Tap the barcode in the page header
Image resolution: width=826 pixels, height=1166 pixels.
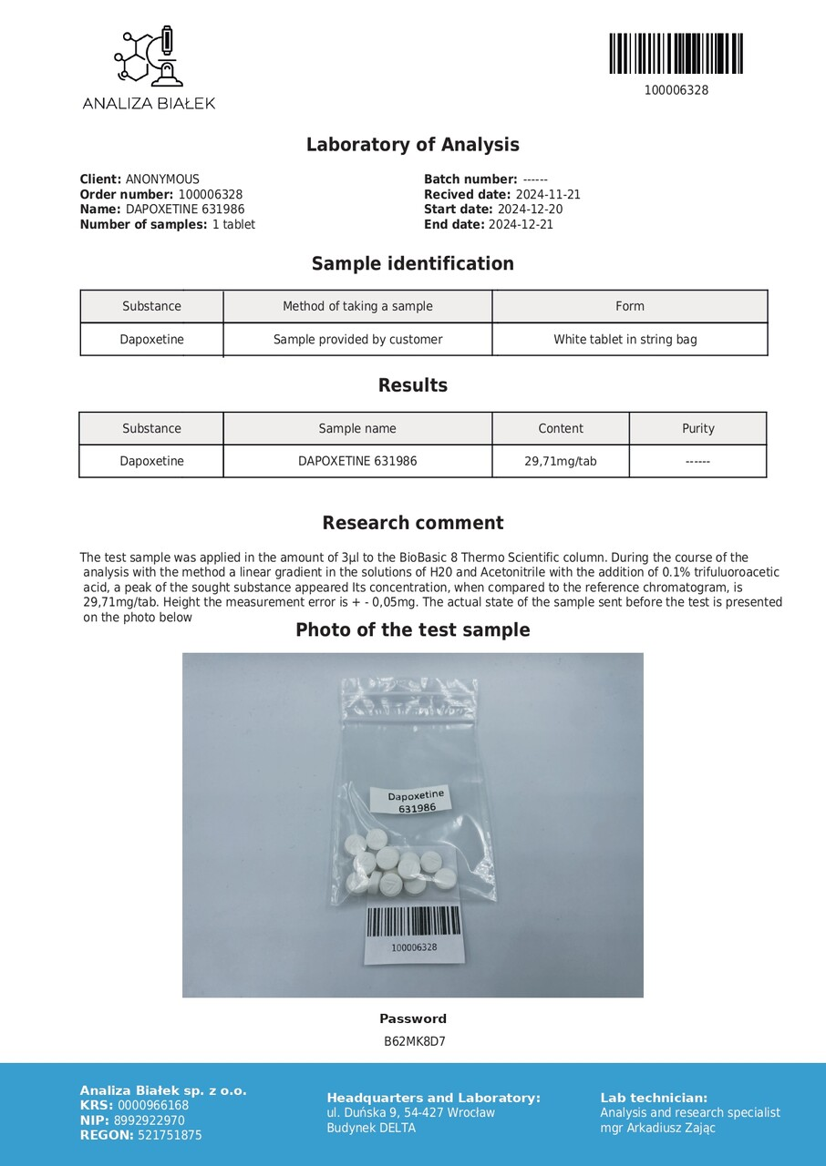676,54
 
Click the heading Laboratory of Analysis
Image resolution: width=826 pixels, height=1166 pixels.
412,145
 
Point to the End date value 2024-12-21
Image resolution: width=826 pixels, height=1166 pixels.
521,224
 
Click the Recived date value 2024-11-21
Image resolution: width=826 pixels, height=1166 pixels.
548,195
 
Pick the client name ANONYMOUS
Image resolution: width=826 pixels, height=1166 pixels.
162,179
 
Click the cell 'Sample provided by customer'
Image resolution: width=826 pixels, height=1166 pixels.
357,340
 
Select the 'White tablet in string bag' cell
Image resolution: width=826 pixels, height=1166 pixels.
625,340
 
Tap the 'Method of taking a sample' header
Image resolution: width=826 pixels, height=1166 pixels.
357,306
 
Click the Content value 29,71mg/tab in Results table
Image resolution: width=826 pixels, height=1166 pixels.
560,461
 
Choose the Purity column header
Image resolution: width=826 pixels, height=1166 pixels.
697,428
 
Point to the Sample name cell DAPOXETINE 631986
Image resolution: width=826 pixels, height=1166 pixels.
357,461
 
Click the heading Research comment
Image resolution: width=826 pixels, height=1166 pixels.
412,523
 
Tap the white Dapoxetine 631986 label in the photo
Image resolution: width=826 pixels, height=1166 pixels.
415,801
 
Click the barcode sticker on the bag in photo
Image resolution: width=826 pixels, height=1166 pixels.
414,932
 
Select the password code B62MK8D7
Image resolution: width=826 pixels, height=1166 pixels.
414,1041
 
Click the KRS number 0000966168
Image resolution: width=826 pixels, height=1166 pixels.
153,1106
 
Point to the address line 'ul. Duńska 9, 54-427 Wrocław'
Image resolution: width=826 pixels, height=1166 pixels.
410,1112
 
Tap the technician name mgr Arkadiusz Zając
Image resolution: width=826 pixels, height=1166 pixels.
657,1128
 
